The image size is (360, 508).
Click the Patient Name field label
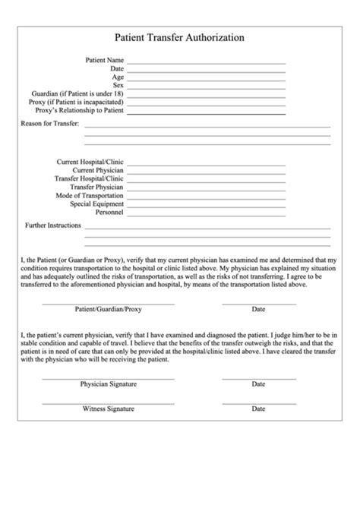pos(104,60)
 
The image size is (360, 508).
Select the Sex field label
pos(118,85)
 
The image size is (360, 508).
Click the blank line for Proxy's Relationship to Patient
pos(206,112)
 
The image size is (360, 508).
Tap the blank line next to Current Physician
pos(206,172)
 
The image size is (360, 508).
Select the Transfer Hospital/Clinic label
pos(89,178)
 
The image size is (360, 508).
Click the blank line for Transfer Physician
pos(206,189)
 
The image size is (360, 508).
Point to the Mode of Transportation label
pos(90,195)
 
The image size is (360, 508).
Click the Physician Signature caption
pos(108,384)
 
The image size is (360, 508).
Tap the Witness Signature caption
pos(108,409)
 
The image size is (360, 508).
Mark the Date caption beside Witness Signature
pos(258,409)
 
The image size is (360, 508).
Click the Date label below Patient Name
pos(117,68)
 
